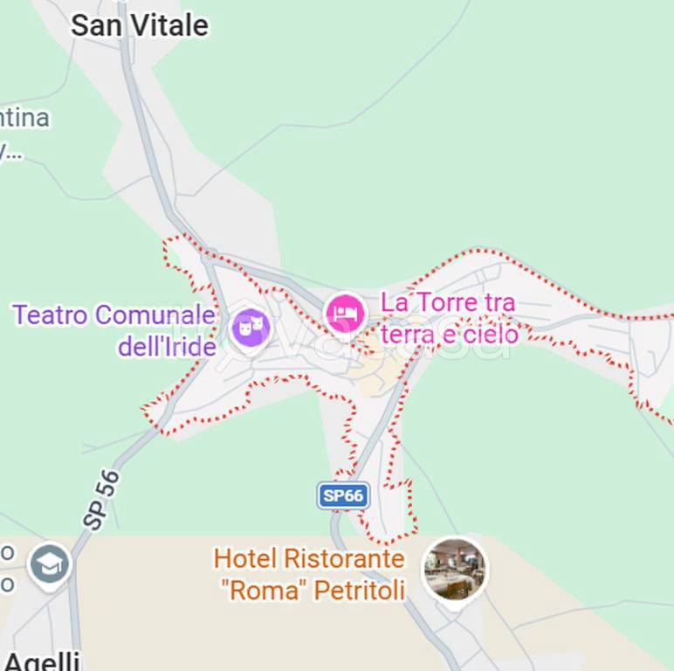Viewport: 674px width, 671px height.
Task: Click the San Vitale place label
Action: (x=140, y=25)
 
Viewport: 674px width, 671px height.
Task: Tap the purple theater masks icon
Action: (x=251, y=329)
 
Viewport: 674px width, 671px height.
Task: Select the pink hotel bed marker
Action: (x=345, y=313)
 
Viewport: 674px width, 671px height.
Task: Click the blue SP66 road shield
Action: (x=343, y=496)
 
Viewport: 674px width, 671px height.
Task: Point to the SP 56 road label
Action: (x=102, y=500)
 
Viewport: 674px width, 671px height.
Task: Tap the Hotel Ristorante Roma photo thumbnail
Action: (x=454, y=569)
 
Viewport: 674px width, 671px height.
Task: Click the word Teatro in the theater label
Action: (x=51, y=315)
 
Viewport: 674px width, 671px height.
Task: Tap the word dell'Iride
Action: (x=167, y=347)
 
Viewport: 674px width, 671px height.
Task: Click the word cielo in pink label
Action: (x=492, y=334)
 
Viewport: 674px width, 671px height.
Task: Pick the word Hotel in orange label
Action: (x=244, y=558)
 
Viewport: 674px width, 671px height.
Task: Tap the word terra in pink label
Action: (x=409, y=334)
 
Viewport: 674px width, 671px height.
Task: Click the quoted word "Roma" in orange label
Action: (x=262, y=590)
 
